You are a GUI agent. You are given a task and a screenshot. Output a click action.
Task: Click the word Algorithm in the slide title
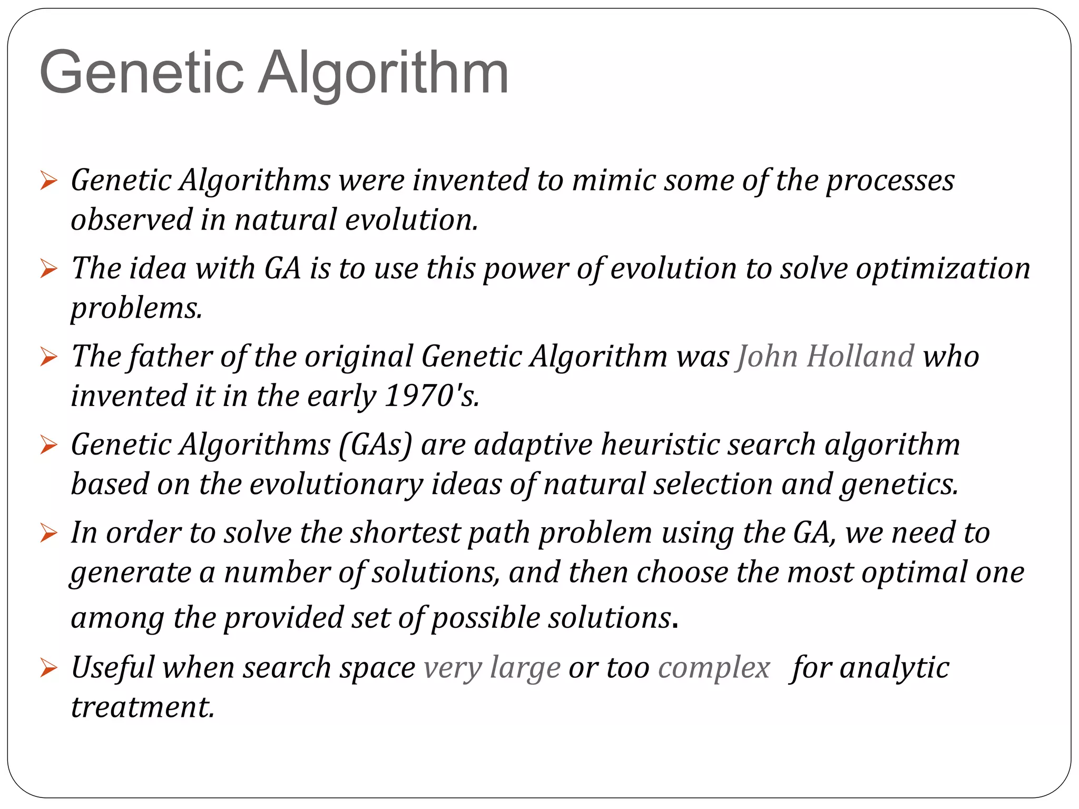tap(382, 74)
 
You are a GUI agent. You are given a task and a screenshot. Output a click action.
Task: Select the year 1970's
tap(431, 396)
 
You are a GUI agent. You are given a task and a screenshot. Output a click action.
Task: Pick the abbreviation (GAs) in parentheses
tap(375, 445)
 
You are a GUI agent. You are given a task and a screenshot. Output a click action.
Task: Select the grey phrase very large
tap(492, 668)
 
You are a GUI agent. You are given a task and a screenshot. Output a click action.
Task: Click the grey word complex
tap(714, 668)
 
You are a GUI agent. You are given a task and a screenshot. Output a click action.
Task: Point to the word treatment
tap(142, 707)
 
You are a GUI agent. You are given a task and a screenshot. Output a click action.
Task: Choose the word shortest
tap(406, 533)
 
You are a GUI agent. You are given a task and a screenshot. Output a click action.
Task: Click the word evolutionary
tap(336, 485)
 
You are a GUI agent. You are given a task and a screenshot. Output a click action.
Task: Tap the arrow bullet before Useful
tap(48, 668)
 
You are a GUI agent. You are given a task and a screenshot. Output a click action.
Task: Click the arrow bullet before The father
tap(48, 358)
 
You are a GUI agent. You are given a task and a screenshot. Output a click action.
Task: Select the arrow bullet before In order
tap(48, 534)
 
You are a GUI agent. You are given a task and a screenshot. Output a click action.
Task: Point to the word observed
tap(132, 220)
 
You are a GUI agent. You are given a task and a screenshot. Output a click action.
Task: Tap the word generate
tap(131, 574)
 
